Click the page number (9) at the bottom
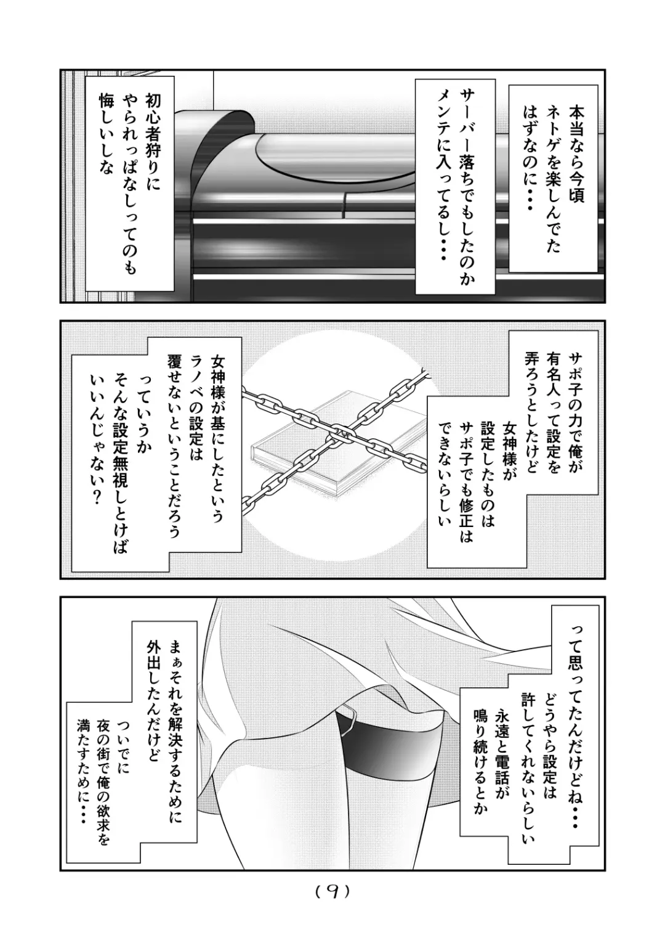pos(332,891)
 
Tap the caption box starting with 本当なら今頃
pos(552,179)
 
